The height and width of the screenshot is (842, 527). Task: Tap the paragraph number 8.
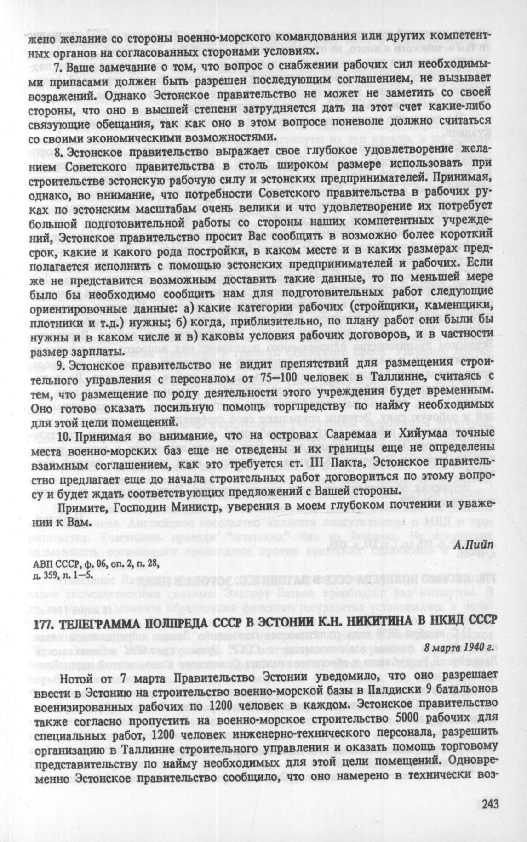57,150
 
